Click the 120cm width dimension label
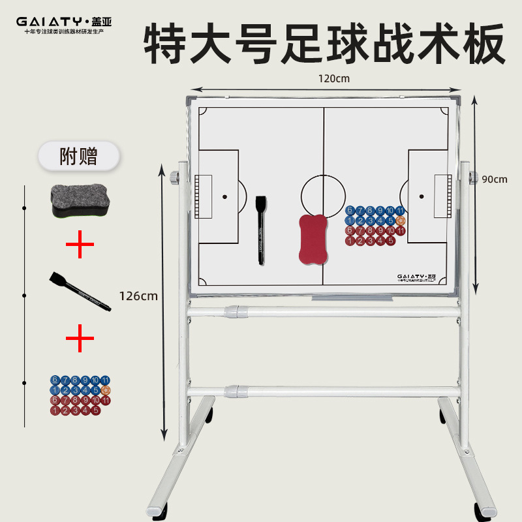click(334, 78)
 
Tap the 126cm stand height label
click(138, 295)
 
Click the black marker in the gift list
click(78, 291)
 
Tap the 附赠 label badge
click(78, 157)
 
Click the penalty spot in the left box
click(224, 196)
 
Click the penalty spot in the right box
click(422, 196)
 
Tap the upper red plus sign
click(80, 245)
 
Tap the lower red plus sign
click(80, 338)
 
